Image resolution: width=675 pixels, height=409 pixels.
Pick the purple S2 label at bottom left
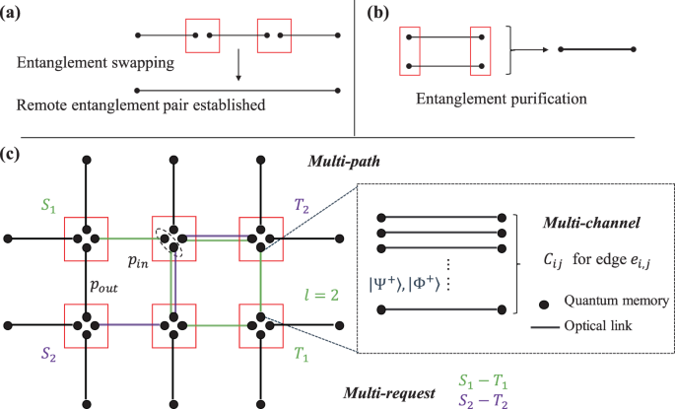point(45,352)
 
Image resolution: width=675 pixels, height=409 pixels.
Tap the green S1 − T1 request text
point(485,379)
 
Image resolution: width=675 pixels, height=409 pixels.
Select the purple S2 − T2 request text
point(485,398)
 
